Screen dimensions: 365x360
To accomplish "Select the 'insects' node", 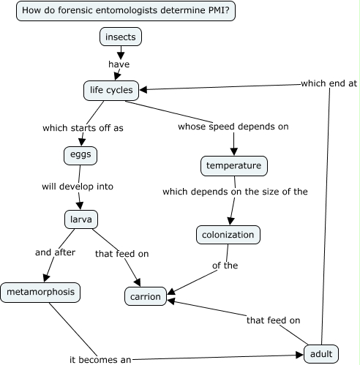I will [120, 37].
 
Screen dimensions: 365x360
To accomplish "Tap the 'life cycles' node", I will [110, 90].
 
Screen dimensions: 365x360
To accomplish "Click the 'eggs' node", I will [80, 155].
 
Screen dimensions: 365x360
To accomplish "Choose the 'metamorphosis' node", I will [40, 293].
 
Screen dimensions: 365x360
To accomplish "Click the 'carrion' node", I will [145, 296].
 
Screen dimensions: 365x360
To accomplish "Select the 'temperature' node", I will [233, 166].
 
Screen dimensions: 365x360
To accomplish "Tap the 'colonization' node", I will [228, 235].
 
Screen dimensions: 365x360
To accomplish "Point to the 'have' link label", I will [119, 64].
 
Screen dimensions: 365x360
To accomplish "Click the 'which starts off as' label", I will [83, 127].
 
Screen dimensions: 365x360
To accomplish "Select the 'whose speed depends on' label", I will [233, 126].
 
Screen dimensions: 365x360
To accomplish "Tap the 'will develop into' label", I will [77, 187].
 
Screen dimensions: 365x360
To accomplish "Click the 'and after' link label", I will [54, 253].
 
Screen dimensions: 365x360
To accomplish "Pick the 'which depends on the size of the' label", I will [235, 192].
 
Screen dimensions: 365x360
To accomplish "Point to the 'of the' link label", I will [225, 266].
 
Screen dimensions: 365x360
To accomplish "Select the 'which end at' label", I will [329, 83].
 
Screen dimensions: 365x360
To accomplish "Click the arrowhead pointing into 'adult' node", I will [299, 355].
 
